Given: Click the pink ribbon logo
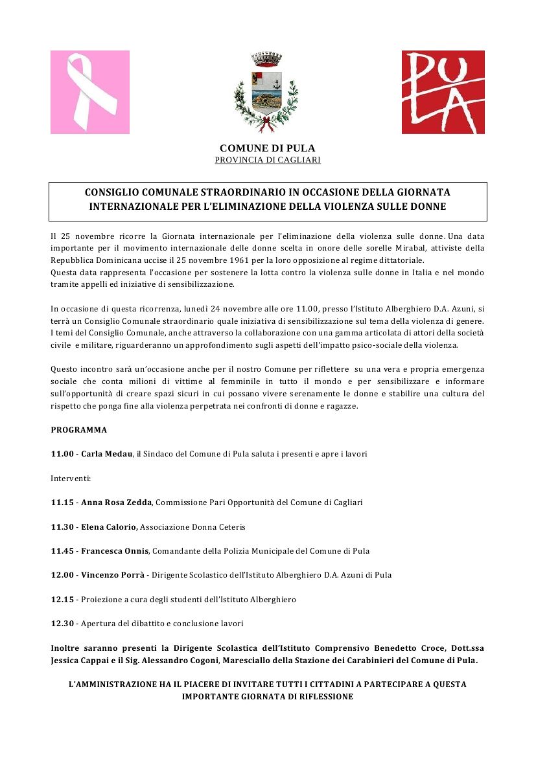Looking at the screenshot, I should (89, 92).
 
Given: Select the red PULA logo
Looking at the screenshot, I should (443, 92).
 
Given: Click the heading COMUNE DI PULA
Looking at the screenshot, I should (267, 148).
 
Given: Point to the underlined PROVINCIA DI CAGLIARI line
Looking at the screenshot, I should (267, 160).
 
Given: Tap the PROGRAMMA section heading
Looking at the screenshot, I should (78, 430).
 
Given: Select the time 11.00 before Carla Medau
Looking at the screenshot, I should (62, 454).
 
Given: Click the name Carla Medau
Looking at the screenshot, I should (107, 454).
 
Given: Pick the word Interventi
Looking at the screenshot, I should (71, 479).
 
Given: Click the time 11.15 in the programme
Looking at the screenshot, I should (62, 503).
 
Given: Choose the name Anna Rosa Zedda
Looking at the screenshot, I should (116, 503).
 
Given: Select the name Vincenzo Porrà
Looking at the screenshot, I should (113, 575).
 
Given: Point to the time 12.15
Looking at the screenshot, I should (62, 600).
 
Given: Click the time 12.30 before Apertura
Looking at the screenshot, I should (62, 624).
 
